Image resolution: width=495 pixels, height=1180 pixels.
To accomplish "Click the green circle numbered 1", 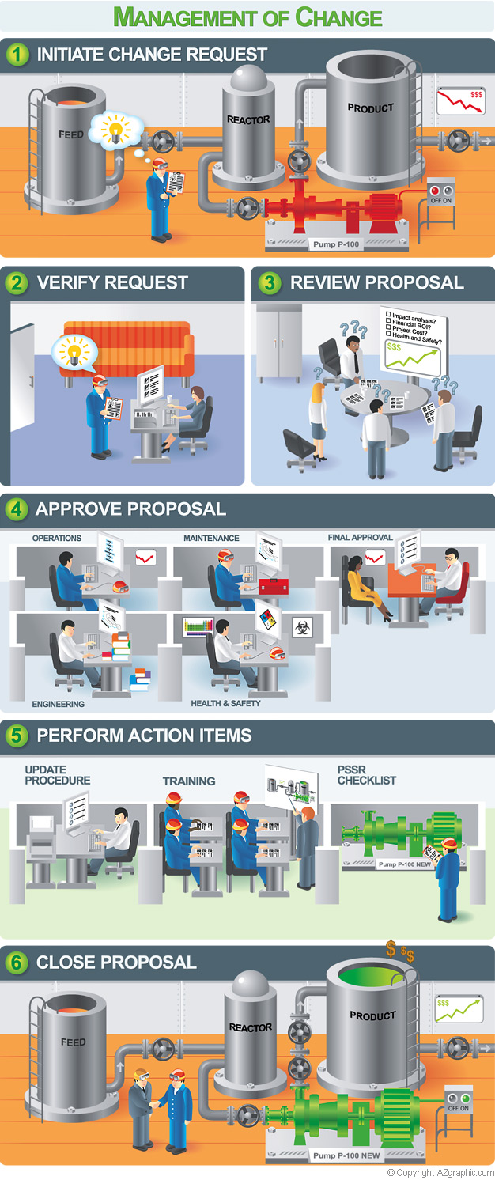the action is [18, 55].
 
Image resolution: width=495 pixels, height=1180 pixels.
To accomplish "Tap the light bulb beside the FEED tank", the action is [115, 128].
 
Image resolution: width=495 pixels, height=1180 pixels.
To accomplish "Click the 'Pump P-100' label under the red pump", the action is [336, 244].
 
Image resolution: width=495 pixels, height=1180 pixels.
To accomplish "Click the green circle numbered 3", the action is [269, 282].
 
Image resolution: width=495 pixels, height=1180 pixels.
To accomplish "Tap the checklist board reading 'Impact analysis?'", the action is [414, 341].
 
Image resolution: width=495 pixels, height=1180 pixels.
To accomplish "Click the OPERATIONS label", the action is [57, 538].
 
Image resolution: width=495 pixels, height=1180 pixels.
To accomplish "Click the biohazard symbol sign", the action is [302, 626].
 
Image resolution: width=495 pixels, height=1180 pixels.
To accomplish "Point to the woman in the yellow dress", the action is [366, 584].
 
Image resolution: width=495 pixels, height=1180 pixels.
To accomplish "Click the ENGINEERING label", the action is [58, 704].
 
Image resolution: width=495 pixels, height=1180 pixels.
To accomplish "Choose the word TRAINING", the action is [188, 781].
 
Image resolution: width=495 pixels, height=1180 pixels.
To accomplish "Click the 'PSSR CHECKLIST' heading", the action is [367, 775].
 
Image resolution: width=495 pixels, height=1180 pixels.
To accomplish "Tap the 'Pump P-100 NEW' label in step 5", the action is [404, 864].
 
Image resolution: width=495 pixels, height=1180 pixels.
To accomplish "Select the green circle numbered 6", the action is [17, 962].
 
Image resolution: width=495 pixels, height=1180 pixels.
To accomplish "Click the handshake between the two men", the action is [155, 1103].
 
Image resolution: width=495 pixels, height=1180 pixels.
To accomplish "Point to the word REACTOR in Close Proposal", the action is [251, 1027].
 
